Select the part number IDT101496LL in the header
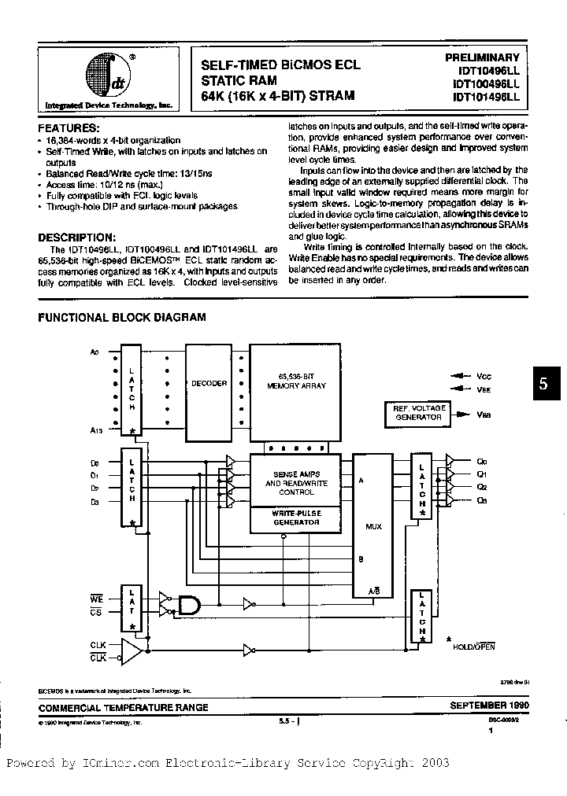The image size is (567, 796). [486, 97]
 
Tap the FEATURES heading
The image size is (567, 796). [69, 127]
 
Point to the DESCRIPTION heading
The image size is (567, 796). [77, 237]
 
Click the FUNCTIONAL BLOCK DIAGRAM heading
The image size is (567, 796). [123, 318]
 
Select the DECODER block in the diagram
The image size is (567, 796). [209, 384]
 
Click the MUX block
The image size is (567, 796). [374, 525]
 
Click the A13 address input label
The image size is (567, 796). [97, 430]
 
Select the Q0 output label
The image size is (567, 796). [483, 462]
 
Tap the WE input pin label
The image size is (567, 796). [96, 599]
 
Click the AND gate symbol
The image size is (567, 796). [190, 605]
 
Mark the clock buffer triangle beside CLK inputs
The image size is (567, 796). [132, 650]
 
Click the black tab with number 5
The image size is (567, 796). [543, 385]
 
